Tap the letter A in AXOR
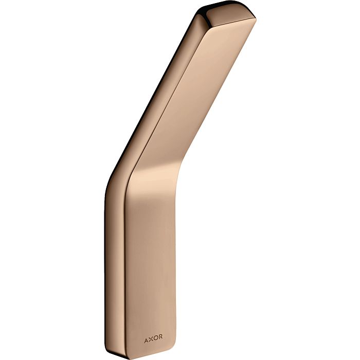coord(146,339)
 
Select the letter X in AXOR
coord(151,339)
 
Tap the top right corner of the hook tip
coord(255,19)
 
